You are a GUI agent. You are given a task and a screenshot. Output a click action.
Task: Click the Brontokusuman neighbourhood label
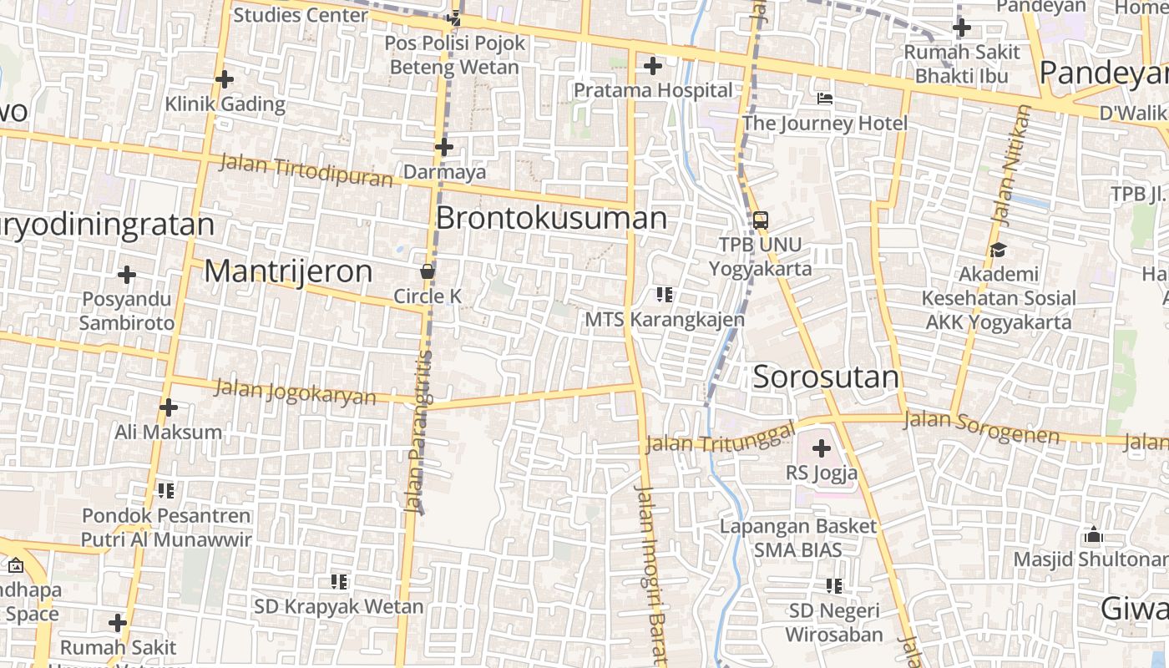pyautogui.click(x=551, y=218)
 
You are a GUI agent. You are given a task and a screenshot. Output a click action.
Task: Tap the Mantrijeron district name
pyautogui.click(x=288, y=271)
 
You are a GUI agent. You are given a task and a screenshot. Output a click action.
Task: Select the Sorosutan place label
pyautogui.click(x=826, y=377)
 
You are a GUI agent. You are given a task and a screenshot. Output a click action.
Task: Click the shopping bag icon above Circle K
pyautogui.click(x=428, y=271)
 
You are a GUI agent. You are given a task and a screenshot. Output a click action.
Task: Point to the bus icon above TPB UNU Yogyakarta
pyautogui.click(x=760, y=220)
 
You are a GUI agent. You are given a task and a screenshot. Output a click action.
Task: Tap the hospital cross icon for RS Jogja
pyautogui.click(x=822, y=448)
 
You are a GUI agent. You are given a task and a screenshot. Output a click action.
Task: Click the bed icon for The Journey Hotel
pyautogui.click(x=825, y=99)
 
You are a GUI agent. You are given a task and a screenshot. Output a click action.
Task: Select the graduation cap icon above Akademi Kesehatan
pyautogui.click(x=998, y=250)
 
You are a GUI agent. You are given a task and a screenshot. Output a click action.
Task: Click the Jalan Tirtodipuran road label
pyautogui.click(x=306, y=170)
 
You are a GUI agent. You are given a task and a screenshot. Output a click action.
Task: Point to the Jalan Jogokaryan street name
pyautogui.click(x=296, y=392)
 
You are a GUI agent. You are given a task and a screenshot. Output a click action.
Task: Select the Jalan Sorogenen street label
pyautogui.click(x=981, y=427)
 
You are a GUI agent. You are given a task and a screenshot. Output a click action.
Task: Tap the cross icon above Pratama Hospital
pyautogui.click(x=653, y=65)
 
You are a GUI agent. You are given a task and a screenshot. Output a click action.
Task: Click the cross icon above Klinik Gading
pyautogui.click(x=224, y=79)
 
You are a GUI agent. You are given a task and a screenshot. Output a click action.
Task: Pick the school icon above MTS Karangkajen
pyautogui.click(x=665, y=295)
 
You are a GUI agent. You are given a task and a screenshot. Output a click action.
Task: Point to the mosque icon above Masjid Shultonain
pyautogui.click(x=1093, y=534)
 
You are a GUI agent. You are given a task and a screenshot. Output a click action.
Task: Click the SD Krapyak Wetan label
pyautogui.click(x=338, y=606)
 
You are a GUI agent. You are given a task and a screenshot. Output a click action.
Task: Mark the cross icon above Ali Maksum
pyautogui.click(x=169, y=407)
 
